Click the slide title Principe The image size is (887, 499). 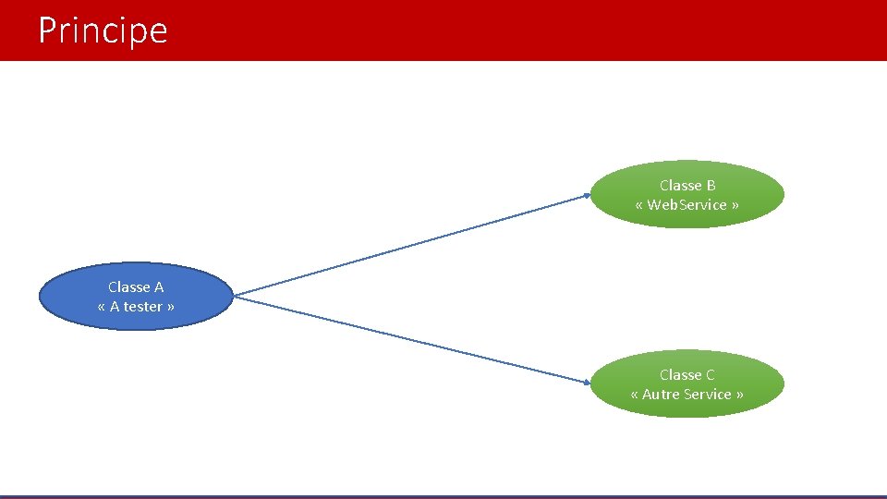tap(103, 30)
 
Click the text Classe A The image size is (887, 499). tap(135, 287)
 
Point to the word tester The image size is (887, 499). tap(143, 307)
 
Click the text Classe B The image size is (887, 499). tap(687, 186)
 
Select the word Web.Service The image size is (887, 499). tap(687, 205)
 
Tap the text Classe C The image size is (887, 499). tap(687, 375)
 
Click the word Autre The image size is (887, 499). tap(661, 395)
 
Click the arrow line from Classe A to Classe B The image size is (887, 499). tap(411, 245)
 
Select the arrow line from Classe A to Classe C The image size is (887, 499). tap(411, 338)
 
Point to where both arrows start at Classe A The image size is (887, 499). tap(235, 296)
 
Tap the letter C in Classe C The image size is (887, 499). tap(710, 375)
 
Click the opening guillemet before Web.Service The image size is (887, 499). tap(639, 205)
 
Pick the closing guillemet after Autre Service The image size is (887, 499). tap(739, 395)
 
